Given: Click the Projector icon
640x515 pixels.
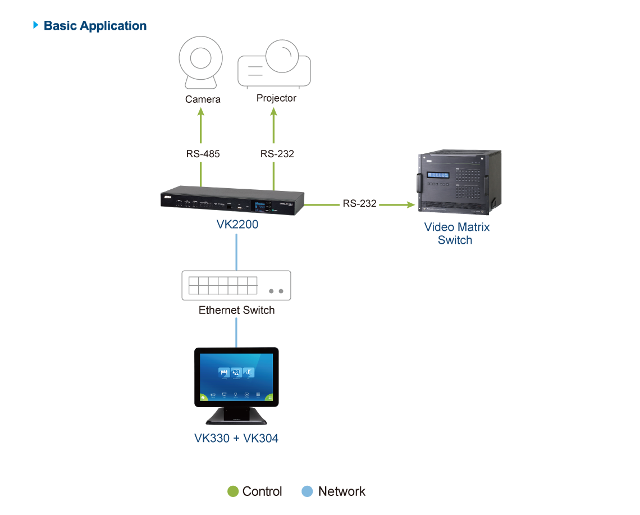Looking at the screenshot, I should click(275, 65).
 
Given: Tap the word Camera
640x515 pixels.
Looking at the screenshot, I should click(203, 99).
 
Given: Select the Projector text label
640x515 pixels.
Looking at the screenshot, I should click(276, 98).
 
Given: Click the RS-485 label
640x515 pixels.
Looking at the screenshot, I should click(203, 153).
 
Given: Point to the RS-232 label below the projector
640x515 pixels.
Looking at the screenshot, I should click(277, 153).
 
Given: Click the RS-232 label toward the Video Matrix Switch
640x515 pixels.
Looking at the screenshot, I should click(360, 203).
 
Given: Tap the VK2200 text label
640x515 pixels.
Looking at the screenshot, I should click(237, 225).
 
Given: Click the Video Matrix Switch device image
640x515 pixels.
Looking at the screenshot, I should click(458, 183).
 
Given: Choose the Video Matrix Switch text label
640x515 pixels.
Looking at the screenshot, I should click(456, 234).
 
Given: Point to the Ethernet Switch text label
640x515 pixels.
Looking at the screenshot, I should click(236, 310).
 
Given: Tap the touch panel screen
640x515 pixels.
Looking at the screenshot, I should click(236, 377).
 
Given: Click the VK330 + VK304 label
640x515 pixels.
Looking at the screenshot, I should click(236, 438).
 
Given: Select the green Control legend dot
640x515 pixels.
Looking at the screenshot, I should click(233, 491).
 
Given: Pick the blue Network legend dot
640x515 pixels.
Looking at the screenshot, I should click(308, 491).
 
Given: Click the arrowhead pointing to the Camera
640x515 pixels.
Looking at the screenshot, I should click(201, 112).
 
